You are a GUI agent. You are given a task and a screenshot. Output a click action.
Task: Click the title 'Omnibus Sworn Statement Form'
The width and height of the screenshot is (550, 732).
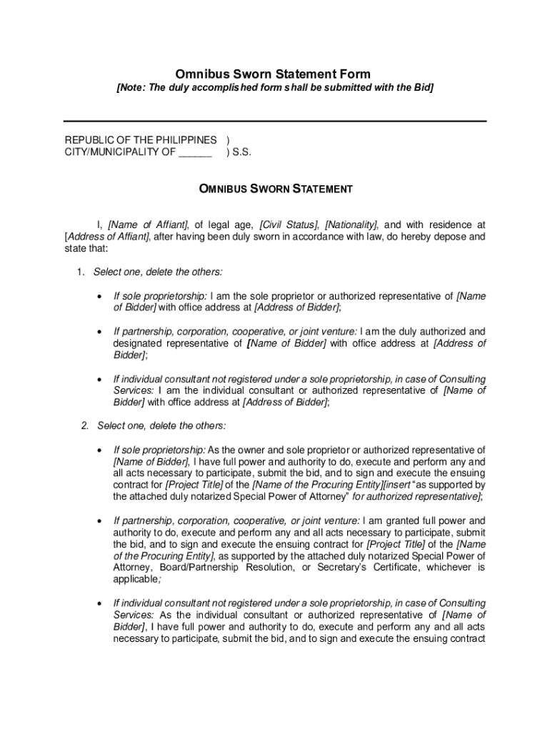274,74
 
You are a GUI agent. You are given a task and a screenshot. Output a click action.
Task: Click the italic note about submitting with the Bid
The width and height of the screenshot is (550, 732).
275,88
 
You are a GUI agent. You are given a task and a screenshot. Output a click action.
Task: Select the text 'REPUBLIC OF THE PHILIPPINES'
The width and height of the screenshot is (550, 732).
141,139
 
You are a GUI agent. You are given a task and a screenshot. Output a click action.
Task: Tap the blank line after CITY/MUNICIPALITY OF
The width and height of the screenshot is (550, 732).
195,152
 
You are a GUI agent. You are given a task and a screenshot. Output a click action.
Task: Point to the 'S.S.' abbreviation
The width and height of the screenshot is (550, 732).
241,152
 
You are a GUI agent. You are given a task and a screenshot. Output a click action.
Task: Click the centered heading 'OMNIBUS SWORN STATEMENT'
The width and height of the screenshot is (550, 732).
275,189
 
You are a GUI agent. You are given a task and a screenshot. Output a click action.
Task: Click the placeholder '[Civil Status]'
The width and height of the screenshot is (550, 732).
289,224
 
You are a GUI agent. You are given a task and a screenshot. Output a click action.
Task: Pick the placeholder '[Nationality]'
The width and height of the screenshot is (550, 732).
351,224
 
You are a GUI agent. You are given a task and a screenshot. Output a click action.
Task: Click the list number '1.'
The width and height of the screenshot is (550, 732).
81,272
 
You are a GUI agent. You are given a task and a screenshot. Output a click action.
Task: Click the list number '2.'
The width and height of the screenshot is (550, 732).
85,426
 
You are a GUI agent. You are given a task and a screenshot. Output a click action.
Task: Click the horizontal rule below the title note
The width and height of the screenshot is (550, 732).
275,122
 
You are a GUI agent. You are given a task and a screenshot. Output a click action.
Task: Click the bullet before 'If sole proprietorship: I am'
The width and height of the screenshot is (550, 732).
98,296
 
